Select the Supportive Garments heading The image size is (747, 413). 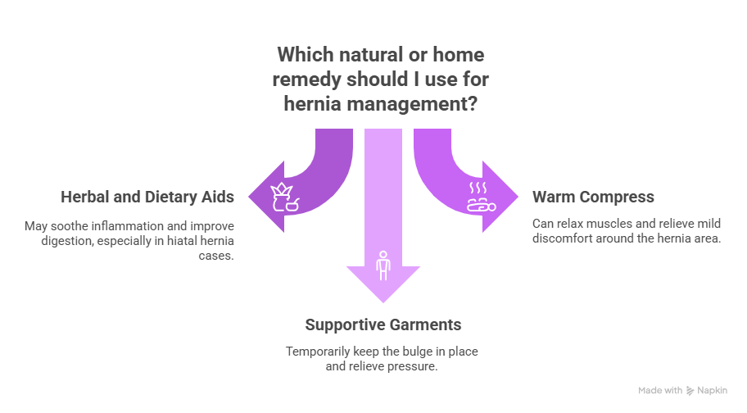pos(383,325)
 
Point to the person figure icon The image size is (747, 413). pos(382,265)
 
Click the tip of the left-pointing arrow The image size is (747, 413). pos(249,199)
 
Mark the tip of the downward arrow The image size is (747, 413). pos(383,303)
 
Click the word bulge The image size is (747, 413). pos(409,352)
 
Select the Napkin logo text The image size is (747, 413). pos(711,391)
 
